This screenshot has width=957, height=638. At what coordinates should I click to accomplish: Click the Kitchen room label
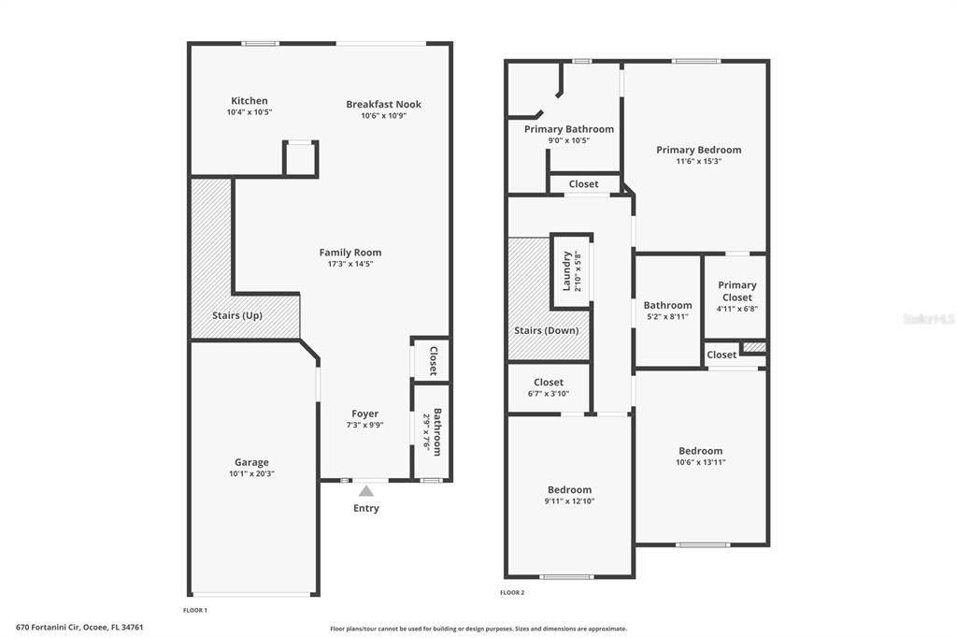coord(249,101)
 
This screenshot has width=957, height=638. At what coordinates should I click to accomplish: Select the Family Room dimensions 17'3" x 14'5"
coord(350,264)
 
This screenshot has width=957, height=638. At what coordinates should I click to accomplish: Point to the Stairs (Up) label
coord(237,315)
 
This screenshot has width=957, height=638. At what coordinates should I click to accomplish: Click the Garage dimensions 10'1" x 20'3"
coord(251,473)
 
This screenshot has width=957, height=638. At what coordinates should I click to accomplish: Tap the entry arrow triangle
coord(366,490)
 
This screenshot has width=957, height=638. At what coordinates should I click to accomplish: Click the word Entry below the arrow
coord(366,508)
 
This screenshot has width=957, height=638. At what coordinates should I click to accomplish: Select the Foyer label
coord(364,413)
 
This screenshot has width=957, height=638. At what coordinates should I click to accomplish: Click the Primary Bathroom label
coord(568,129)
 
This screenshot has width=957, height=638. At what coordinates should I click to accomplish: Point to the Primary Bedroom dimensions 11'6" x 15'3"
coord(698,161)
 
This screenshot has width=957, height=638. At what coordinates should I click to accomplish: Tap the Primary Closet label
coord(736,291)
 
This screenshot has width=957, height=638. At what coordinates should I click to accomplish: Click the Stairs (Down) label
coord(546,330)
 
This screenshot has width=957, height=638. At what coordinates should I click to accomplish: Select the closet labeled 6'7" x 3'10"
coord(549,387)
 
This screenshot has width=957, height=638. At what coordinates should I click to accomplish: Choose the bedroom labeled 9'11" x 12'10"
coord(569,495)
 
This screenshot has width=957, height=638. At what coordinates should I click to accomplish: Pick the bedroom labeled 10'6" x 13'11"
coord(700,456)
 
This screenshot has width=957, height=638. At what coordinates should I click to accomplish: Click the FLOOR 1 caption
coord(194,610)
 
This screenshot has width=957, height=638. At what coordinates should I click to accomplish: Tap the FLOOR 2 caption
coord(512,592)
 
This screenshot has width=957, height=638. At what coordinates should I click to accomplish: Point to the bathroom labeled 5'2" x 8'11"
coord(667,311)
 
